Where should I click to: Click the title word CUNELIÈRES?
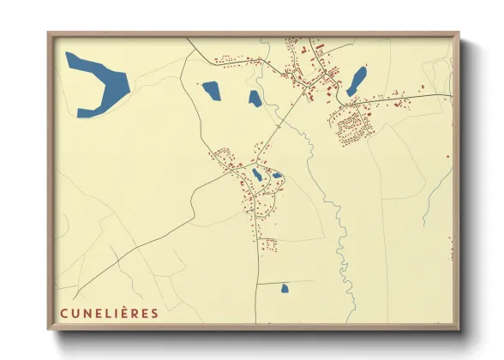click(109, 314)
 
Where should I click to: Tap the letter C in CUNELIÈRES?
click(63, 314)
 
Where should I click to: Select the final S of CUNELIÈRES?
click(154, 314)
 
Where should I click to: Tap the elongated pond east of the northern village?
click(357, 81)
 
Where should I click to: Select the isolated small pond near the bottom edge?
click(285, 289)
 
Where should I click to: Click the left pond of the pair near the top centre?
click(210, 89)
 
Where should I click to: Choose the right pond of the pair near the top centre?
click(254, 97)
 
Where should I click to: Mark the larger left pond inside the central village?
click(257, 175)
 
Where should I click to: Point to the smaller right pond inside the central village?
click(277, 176)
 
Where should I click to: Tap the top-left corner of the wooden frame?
click(50, 34)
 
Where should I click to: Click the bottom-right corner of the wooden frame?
click(457, 328)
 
